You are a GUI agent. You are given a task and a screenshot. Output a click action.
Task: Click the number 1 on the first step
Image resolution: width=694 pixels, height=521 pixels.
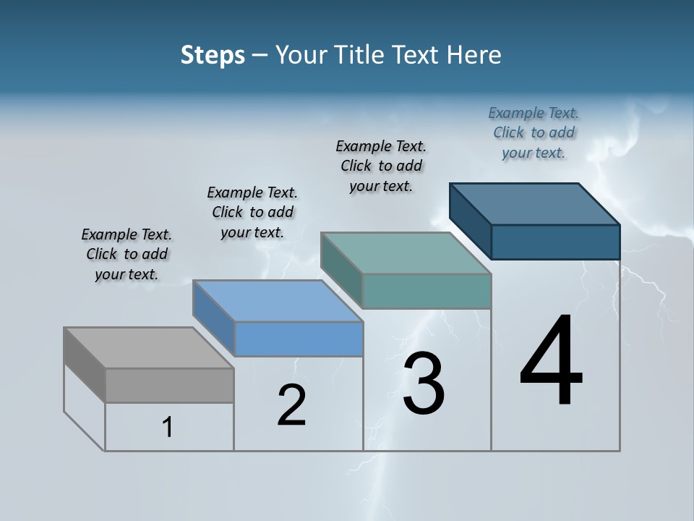click(168, 427)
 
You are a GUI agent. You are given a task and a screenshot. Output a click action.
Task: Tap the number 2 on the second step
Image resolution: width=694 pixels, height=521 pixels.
click(291, 405)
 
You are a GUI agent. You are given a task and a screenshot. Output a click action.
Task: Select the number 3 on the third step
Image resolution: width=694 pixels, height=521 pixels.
click(424, 383)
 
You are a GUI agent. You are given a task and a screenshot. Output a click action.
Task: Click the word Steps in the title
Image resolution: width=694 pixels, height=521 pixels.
click(213, 55)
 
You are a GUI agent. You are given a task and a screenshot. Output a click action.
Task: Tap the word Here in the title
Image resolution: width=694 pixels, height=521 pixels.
click(475, 55)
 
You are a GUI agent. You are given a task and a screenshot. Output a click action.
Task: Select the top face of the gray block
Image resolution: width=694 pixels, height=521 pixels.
click(149, 348)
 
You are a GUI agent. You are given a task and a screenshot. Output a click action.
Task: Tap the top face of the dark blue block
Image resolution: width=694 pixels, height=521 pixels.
click(535, 204)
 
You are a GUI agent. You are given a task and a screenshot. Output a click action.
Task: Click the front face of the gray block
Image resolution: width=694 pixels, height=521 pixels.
click(170, 385)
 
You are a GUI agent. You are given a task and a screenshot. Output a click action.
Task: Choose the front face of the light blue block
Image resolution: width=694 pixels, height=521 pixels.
click(299, 339)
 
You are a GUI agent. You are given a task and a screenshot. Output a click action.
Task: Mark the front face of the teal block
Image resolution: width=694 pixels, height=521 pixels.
click(427, 291)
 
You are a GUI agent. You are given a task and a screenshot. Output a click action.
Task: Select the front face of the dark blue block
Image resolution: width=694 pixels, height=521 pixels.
click(555, 242)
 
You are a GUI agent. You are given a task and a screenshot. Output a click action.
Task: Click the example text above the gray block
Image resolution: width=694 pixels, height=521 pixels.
click(127, 254)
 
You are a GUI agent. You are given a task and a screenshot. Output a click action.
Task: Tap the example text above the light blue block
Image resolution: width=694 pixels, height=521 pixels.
click(252, 212)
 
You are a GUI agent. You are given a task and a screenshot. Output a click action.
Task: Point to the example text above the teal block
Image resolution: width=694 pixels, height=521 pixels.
click(381, 166)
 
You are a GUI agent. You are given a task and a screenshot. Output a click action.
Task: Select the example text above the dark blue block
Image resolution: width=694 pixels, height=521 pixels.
click(534, 132)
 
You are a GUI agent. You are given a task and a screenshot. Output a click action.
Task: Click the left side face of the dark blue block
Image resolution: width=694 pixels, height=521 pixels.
click(471, 221)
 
